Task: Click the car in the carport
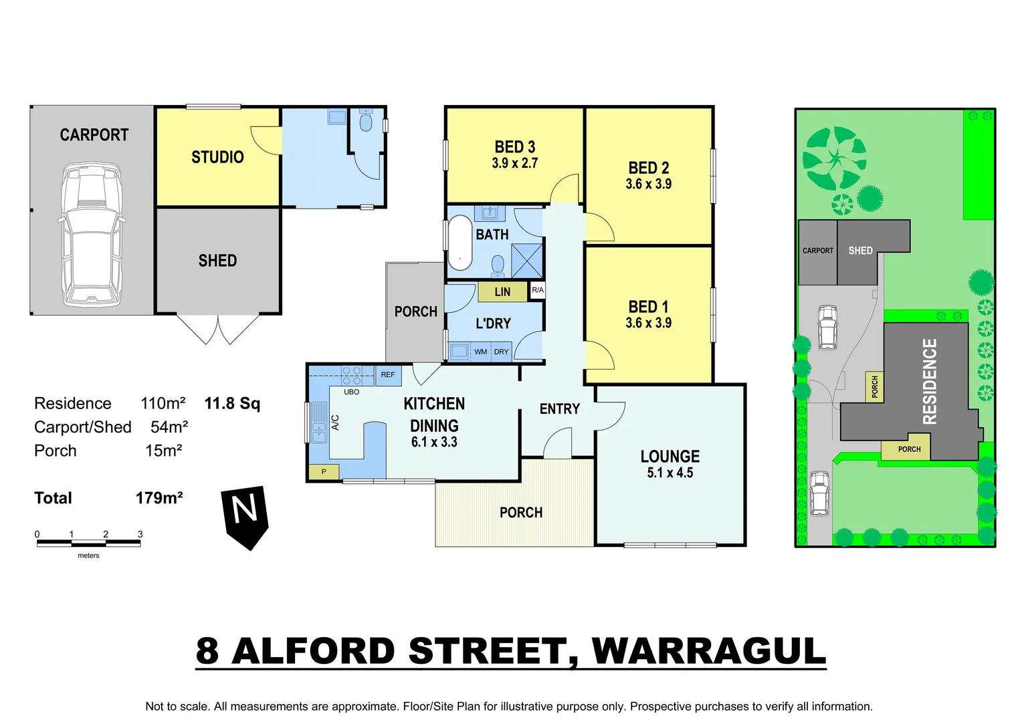[x=92, y=234]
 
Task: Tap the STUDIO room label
[x=217, y=157]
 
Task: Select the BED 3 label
[x=514, y=147]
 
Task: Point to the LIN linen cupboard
[x=502, y=292]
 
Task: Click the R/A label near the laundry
[x=537, y=290]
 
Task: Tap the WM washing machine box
[x=480, y=352]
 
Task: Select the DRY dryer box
[x=501, y=352]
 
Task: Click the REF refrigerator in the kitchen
[x=388, y=375]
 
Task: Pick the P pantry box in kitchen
[x=324, y=472]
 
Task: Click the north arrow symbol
[x=245, y=515]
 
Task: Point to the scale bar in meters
[x=88, y=543]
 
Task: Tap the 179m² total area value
[x=159, y=498]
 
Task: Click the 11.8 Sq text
[x=232, y=403]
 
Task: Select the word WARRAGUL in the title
[x=709, y=651]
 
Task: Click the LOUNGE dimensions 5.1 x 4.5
[x=670, y=473]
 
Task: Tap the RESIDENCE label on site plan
[x=930, y=381]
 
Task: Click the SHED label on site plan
[x=860, y=251]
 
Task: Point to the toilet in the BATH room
[x=498, y=265]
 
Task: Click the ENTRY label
[x=559, y=409]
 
